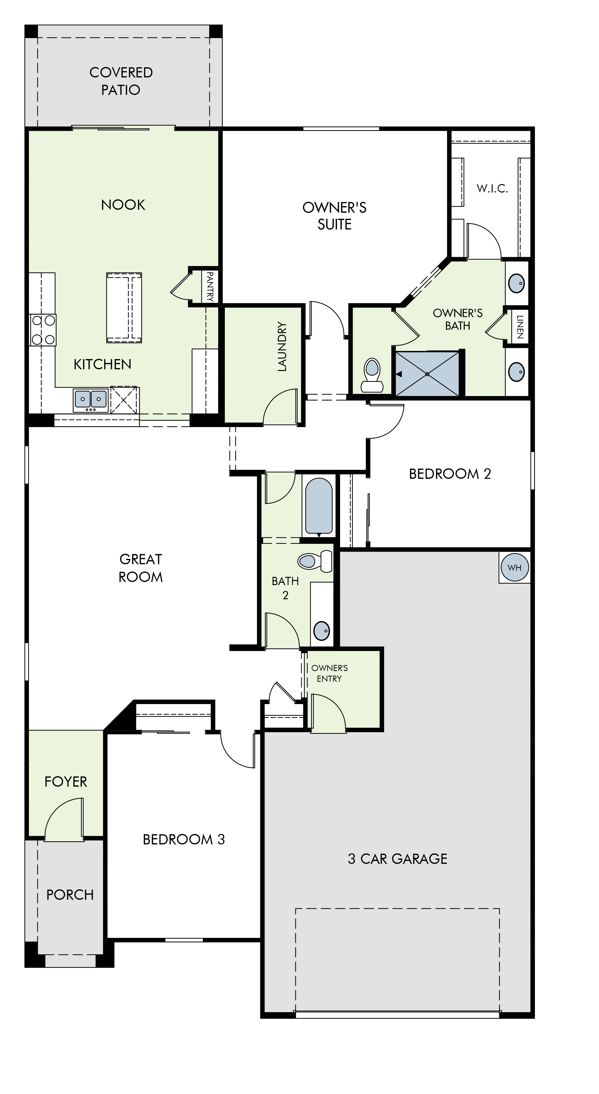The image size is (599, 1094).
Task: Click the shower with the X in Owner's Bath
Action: click(x=427, y=374)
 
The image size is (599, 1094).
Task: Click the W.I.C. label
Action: click(x=492, y=189)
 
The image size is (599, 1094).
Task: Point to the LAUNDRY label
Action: click(x=282, y=346)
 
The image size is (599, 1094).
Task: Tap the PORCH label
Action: click(x=70, y=895)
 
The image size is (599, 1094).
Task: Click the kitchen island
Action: click(x=124, y=307)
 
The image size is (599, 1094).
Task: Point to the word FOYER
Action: click(x=66, y=782)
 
